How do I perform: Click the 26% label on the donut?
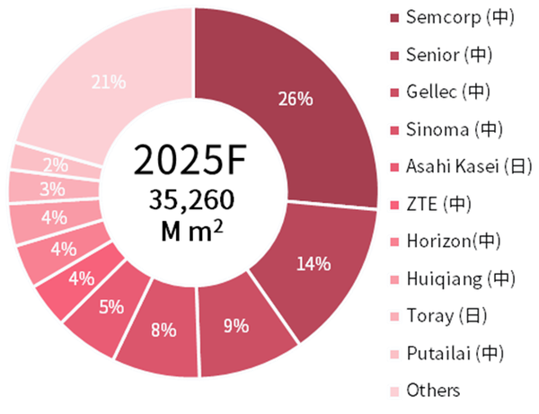(296, 98)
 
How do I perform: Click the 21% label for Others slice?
(107, 83)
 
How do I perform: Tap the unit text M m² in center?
(190, 231)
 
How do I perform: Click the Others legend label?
(432, 390)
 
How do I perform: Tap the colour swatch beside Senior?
(393, 56)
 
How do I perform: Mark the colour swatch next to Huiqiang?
(393, 278)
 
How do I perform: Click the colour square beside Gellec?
(393, 92)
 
